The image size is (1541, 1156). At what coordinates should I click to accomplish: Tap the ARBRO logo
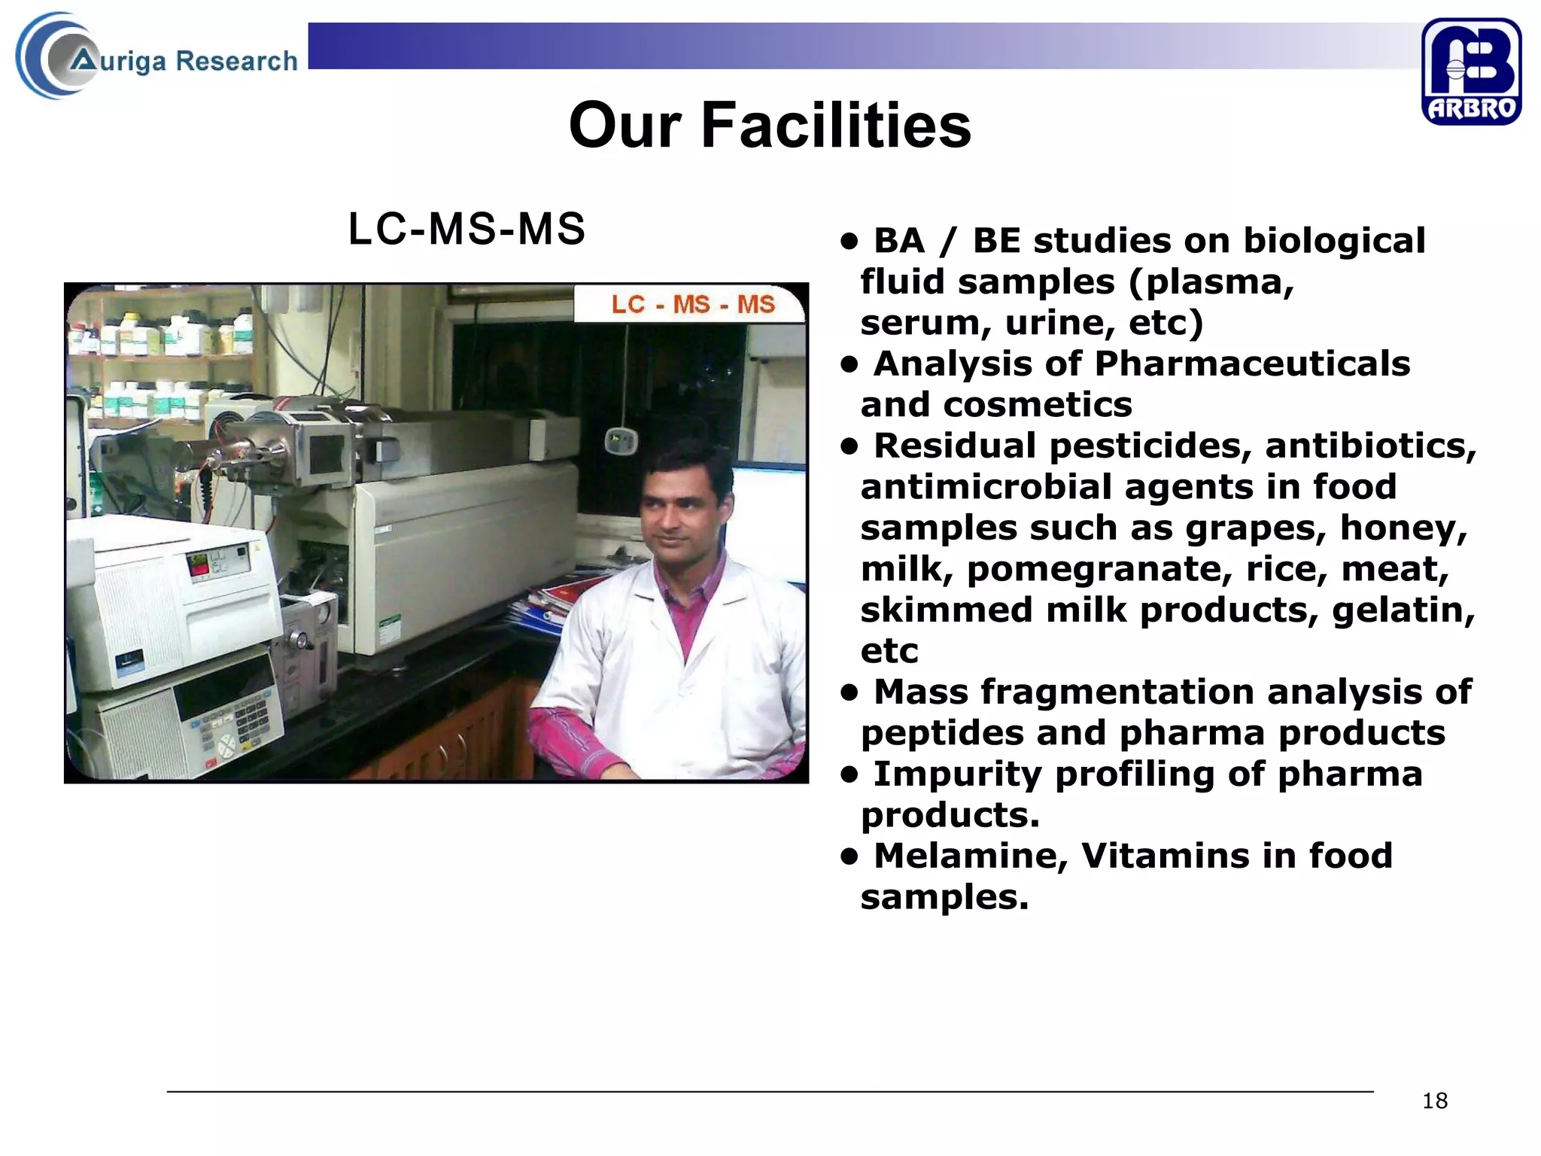1470,71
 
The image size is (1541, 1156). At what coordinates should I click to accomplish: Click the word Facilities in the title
835,126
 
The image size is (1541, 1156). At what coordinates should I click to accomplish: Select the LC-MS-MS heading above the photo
467,229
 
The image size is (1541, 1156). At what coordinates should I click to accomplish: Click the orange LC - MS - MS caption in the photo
692,304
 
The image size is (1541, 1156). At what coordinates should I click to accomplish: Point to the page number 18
1434,1101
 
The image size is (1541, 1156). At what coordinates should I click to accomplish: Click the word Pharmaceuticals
1251,364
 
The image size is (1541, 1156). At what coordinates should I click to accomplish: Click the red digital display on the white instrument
198,564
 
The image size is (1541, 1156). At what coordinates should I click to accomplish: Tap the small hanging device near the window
622,440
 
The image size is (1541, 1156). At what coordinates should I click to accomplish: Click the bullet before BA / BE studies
850,242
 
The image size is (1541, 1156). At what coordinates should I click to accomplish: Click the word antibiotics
1369,446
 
